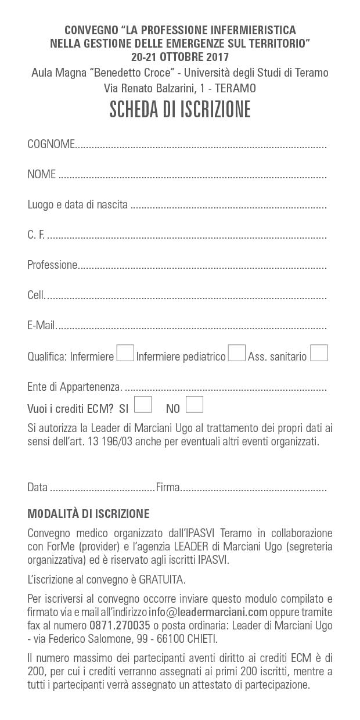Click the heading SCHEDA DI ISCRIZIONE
(180, 109)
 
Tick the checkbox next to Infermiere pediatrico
(236, 353)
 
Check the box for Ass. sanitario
(319, 353)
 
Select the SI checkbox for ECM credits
(143, 404)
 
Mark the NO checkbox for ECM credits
(195, 404)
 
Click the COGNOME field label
(51, 145)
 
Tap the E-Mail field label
(41, 326)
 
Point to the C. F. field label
(36, 235)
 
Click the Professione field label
(52, 265)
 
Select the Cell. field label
(36, 296)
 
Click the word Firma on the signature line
(168, 488)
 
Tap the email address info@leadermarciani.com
(208, 611)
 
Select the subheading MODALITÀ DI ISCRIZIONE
(88, 514)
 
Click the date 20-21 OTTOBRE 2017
(180, 57)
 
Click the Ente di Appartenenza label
(74, 387)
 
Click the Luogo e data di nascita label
(77, 205)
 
